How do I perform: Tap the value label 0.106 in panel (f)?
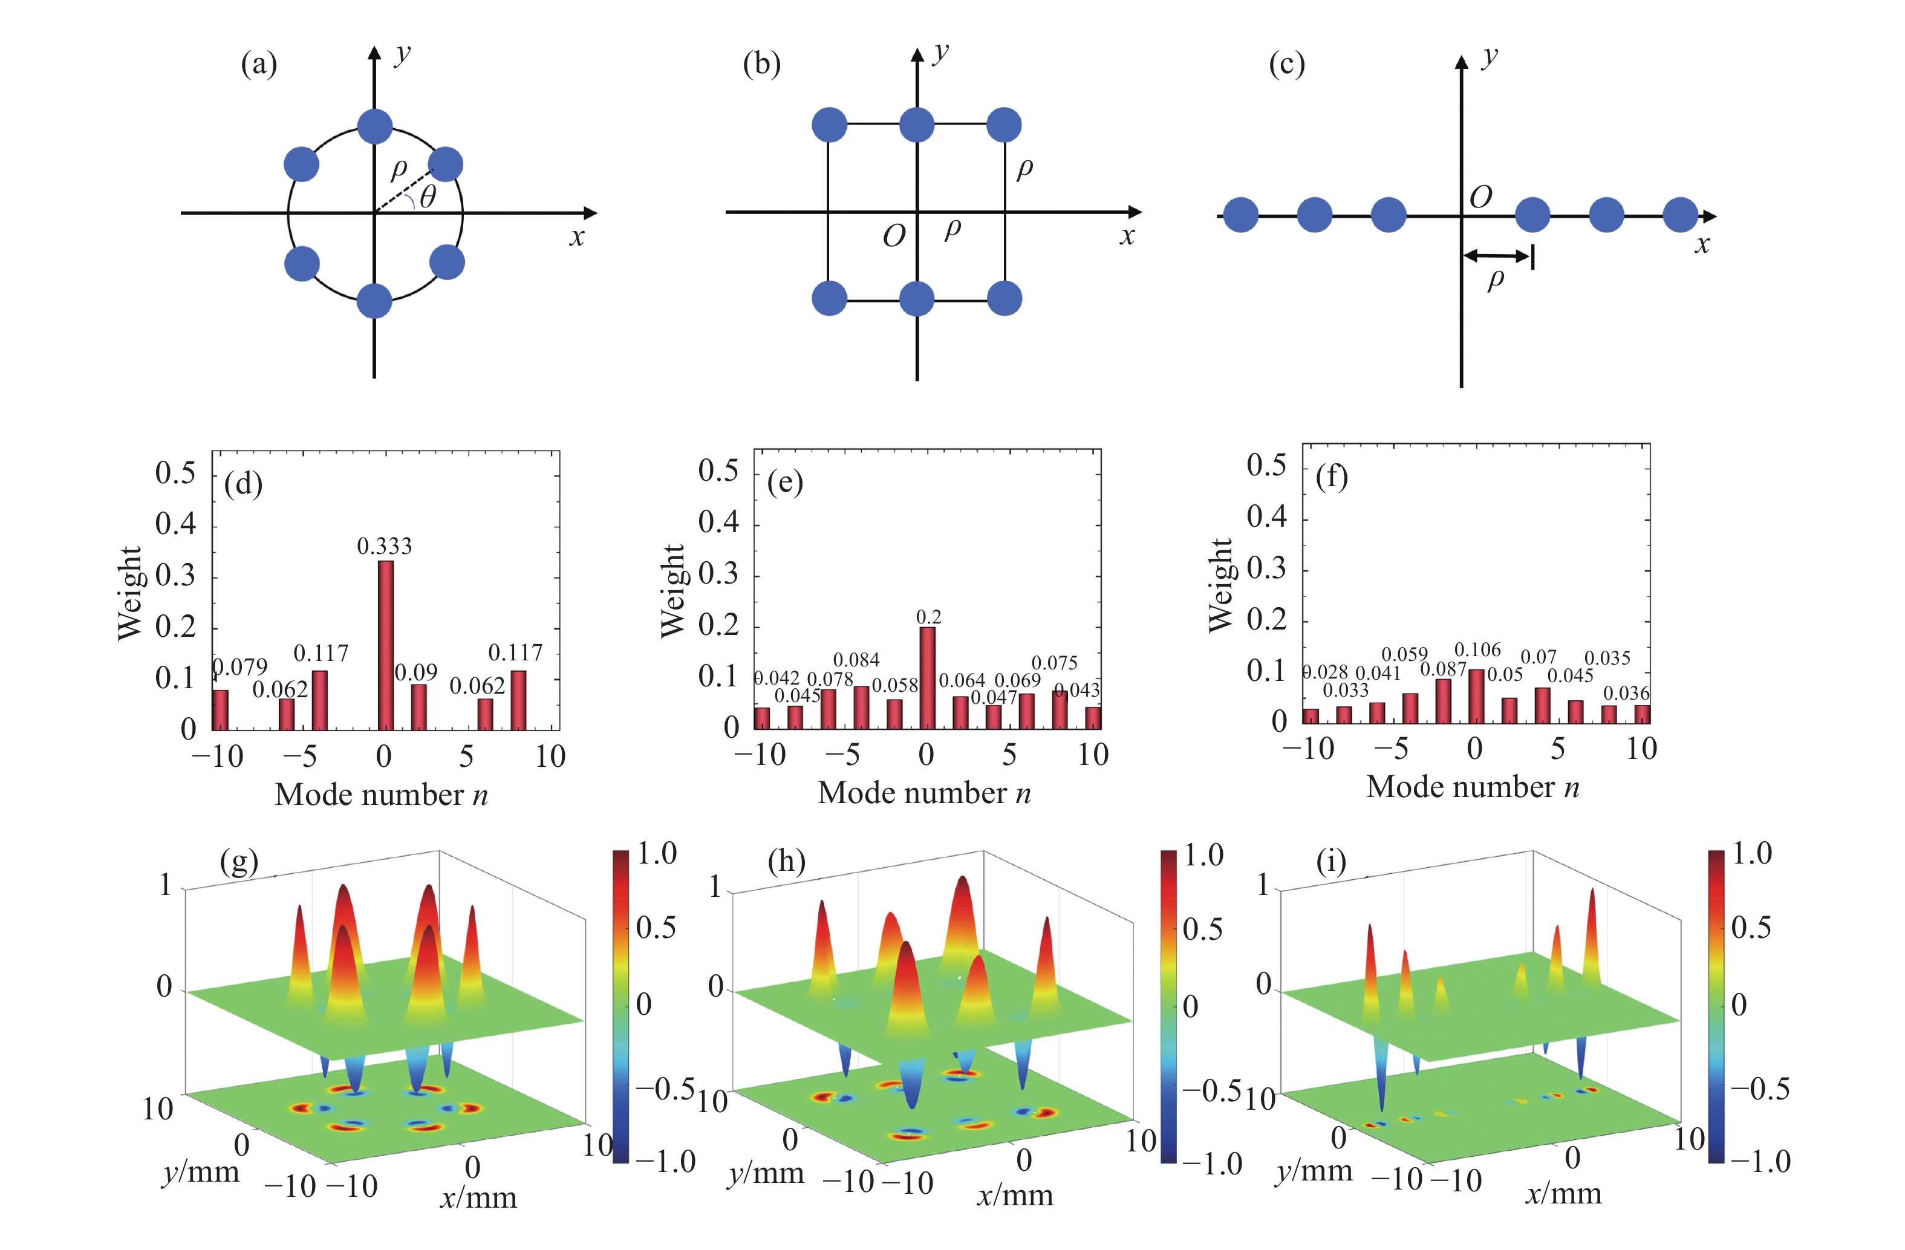point(1477,650)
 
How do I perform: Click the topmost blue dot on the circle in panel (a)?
point(374,126)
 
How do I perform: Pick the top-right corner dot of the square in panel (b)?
point(1004,125)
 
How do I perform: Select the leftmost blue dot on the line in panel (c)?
point(1240,215)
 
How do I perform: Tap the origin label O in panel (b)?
point(893,236)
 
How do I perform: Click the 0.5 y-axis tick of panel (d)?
point(175,473)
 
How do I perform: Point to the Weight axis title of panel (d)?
point(129,593)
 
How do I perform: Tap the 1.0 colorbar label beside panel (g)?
point(656,854)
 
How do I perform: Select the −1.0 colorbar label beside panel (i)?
point(1760,1161)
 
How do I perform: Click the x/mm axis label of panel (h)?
point(1015,1196)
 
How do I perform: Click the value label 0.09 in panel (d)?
point(416,672)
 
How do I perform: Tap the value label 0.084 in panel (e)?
point(856,659)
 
